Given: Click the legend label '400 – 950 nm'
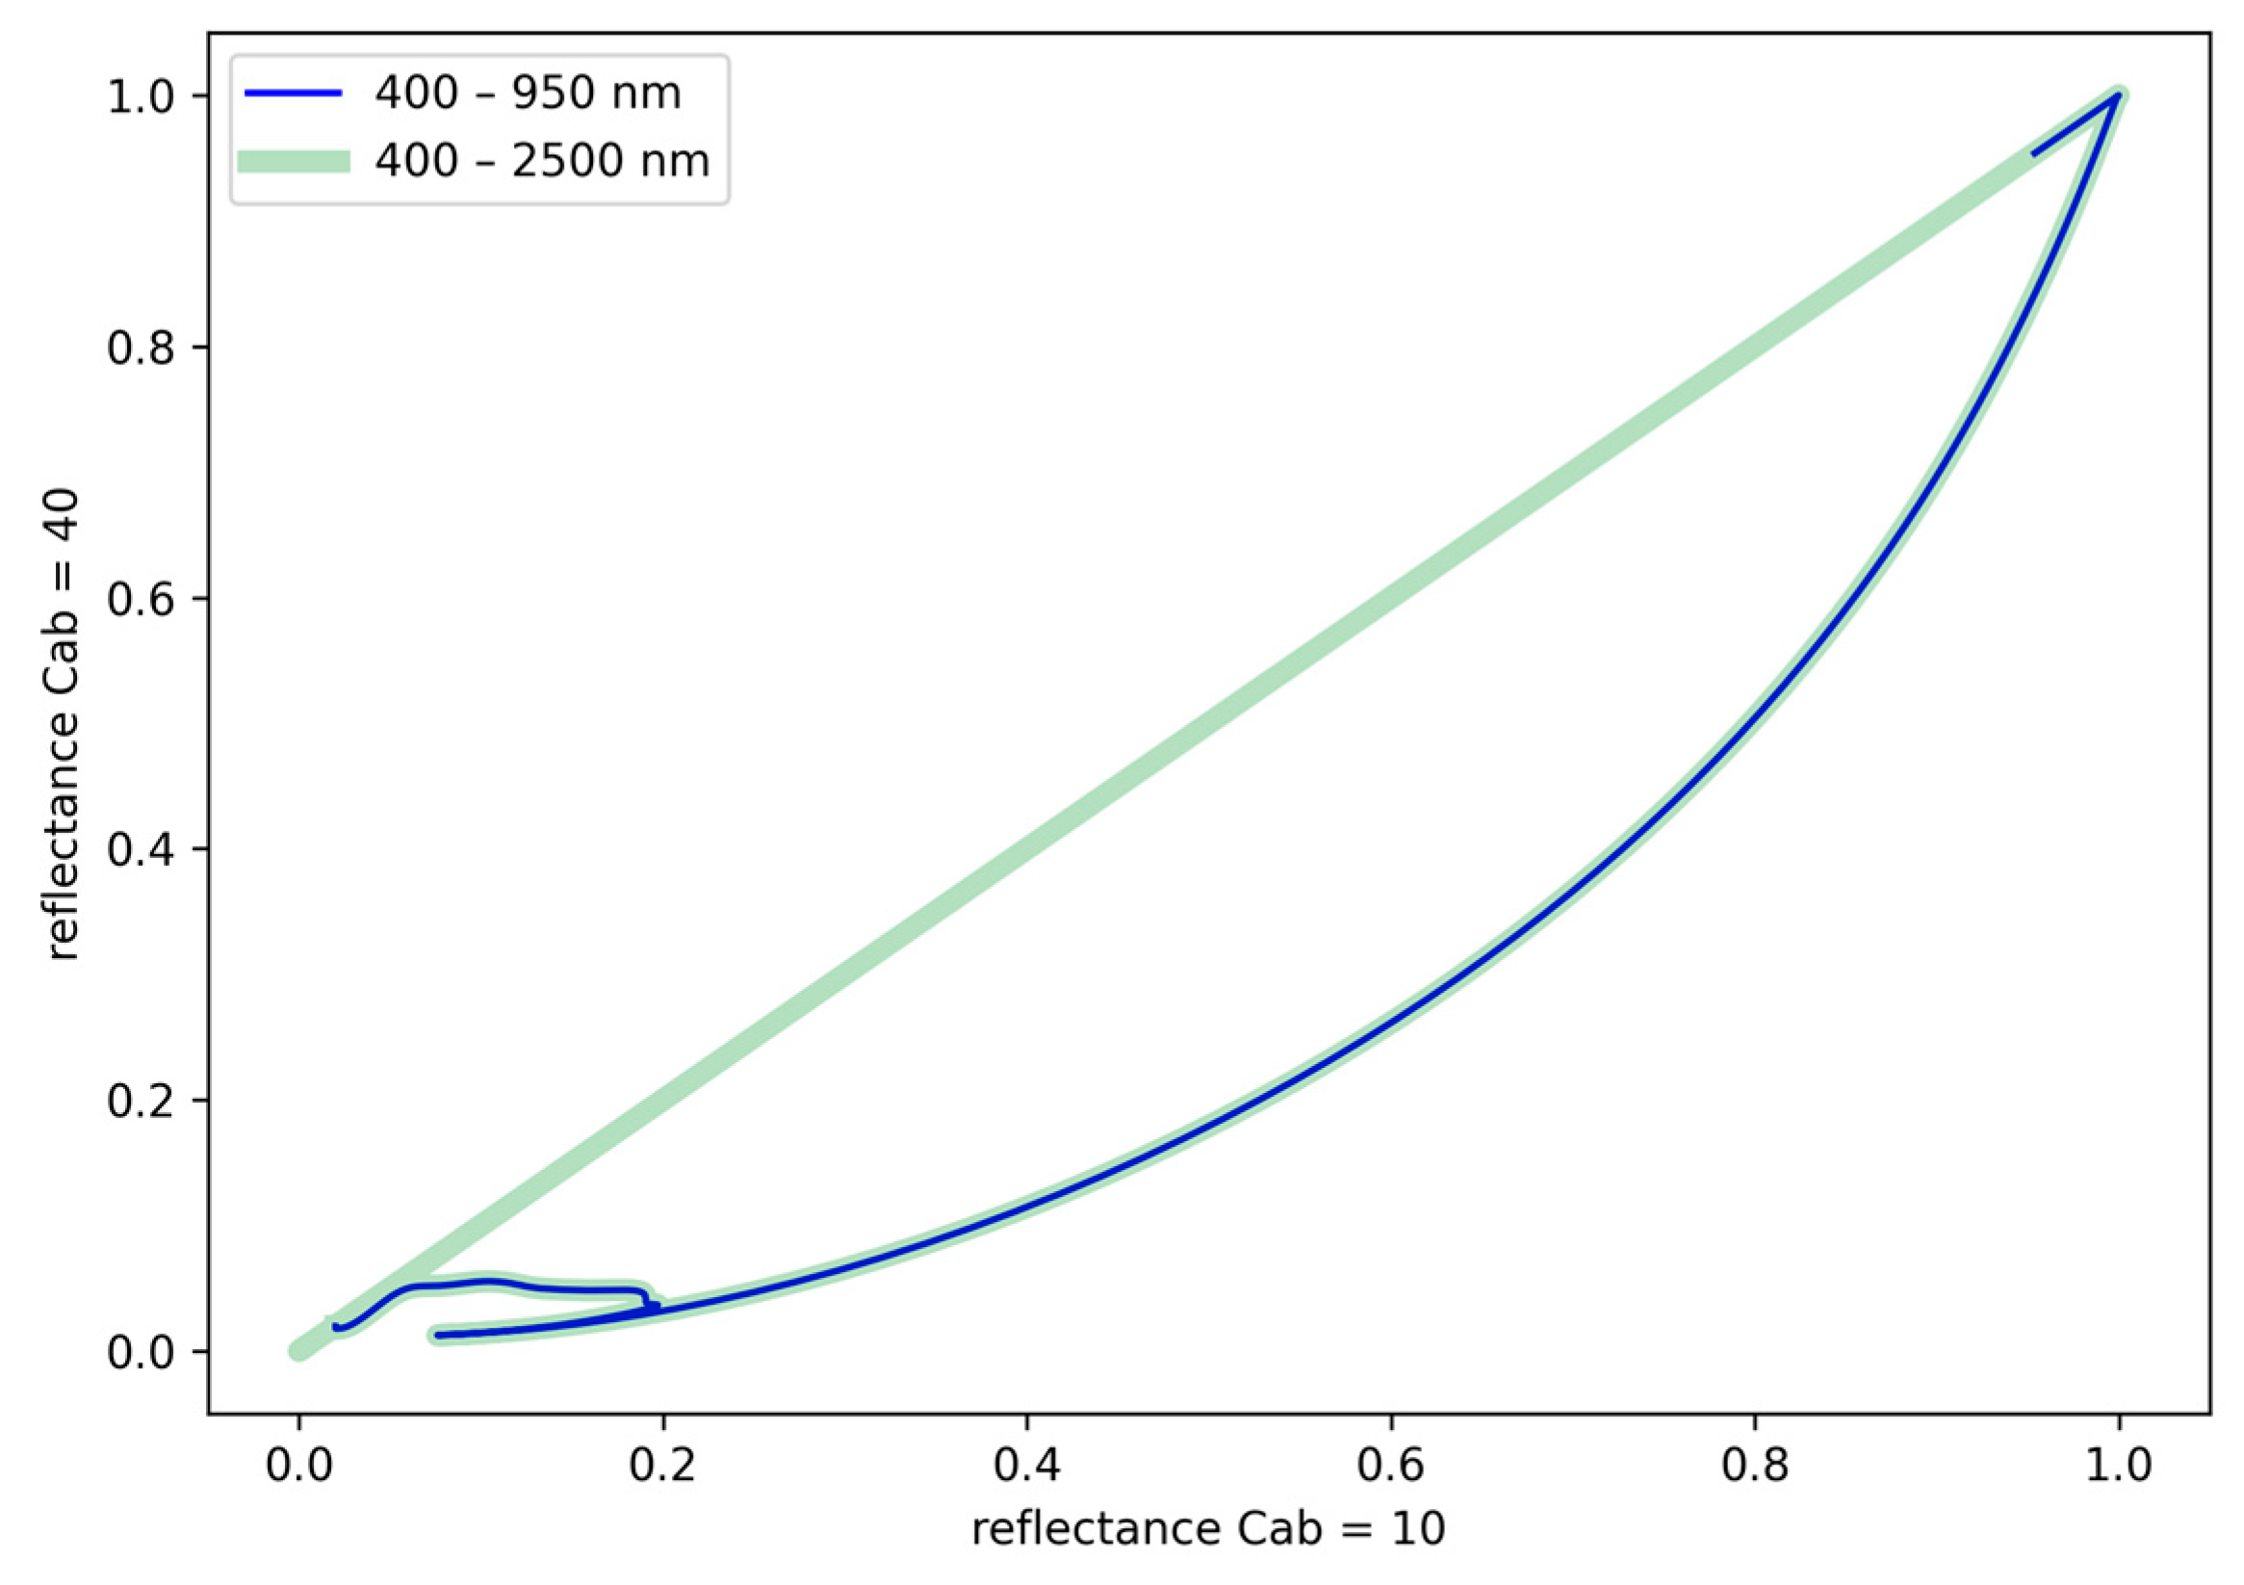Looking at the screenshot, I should (x=528, y=93).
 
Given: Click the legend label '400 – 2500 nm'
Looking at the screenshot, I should (x=542, y=161).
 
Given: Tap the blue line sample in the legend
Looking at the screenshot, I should (x=293, y=93).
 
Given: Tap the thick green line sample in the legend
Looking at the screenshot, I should (x=293, y=162).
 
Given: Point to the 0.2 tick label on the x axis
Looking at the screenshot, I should (x=662, y=1465).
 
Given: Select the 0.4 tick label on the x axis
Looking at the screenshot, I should (x=1026, y=1465).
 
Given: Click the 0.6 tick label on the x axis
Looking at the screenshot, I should (x=1390, y=1465).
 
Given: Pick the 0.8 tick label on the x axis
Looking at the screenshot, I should (x=1754, y=1465).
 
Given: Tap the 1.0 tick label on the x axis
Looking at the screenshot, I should (x=2118, y=1465).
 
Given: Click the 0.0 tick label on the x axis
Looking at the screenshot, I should (x=299, y=1465).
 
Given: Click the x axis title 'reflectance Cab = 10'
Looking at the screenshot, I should (x=1208, y=1530).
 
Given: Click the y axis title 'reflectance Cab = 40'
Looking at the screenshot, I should (x=63, y=724).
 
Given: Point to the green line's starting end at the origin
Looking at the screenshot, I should (x=299, y=1350).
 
